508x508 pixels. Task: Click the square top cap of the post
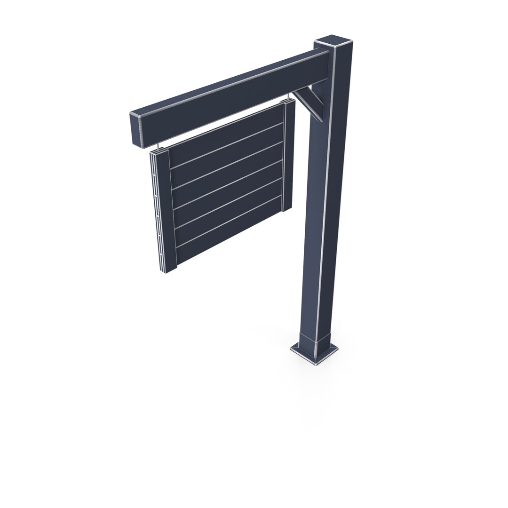(335, 41)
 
